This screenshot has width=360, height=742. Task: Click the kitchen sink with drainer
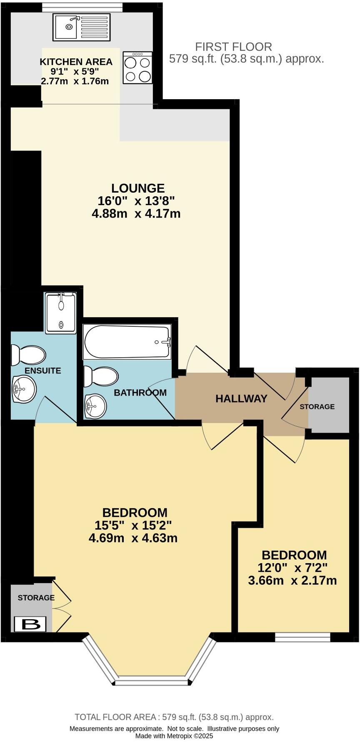(x=82, y=27)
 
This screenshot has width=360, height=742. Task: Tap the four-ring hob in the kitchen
(x=138, y=68)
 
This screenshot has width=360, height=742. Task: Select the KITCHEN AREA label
(x=76, y=62)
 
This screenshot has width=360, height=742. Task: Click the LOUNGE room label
(x=137, y=188)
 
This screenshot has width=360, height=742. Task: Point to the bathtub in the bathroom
(x=127, y=342)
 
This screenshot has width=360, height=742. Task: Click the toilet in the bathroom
(x=100, y=376)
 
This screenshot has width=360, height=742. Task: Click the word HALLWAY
(x=241, y=399)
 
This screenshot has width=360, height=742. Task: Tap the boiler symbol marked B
(x=30, y=624)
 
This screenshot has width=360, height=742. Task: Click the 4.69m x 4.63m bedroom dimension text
(x=133, y=538)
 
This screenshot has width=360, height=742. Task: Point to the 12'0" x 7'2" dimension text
(x=292, y=567)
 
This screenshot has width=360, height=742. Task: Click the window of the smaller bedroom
(x=302, y=637)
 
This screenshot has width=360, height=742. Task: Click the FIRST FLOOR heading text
(x=233, y=47)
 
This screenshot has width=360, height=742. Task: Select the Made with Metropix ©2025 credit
(x=174, y=736)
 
